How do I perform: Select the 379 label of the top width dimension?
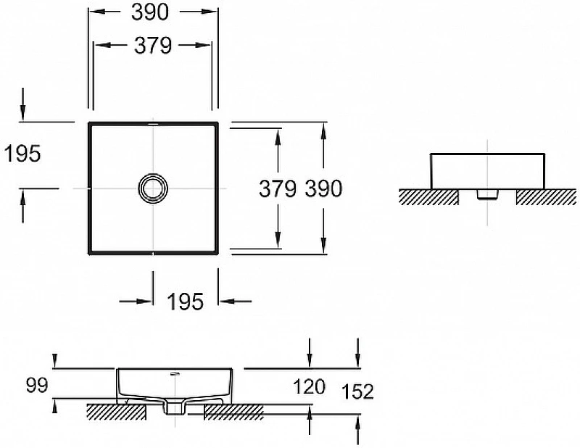point(152,46)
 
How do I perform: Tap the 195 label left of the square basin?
point(22,154)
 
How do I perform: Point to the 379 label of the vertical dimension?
point(278,189)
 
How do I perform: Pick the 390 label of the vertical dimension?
point(323,189)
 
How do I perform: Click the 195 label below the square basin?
point(186,301)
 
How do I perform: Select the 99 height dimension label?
point(36,385)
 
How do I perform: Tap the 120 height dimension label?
point(310,387)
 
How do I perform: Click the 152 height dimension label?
point(357,392)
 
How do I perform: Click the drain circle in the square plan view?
point(153,188)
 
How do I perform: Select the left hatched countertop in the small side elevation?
point(428,196)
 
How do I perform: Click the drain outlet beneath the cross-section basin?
point(175,408)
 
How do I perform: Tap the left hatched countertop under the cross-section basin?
point(116,411)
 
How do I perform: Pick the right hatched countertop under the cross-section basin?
point(231,411)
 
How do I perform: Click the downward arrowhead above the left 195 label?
point(23,112)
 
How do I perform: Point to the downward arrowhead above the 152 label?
point(357,360)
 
